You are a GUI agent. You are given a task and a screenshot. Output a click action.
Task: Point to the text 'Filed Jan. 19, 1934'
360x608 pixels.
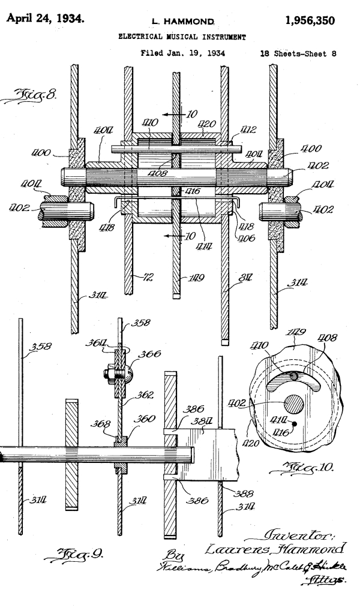[182, 53]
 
